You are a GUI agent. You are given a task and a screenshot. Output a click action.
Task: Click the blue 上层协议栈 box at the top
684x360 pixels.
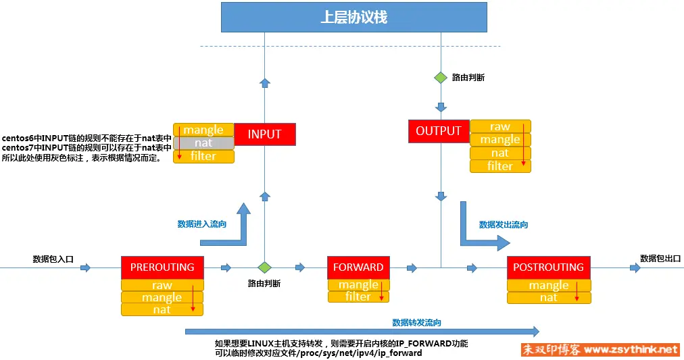[x=353, y=18]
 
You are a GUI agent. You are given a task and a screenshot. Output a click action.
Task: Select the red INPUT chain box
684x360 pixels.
[x=264, y=134]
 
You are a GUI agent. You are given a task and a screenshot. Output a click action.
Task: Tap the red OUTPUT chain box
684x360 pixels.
[x=438, y=131]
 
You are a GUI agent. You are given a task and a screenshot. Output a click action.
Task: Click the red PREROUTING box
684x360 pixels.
[x=162, y=267]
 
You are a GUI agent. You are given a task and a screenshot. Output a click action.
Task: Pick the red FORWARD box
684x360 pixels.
[x=358, y=267]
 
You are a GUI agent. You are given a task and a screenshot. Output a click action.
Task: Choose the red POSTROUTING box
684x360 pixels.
[x=548, y=267]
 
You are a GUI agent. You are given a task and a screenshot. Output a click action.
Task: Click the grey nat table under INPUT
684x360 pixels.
[x=203, y=143]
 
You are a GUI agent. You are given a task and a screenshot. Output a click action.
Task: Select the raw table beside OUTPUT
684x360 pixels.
[x=500, y=126]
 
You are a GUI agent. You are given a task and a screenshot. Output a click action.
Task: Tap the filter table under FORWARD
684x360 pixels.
[x=358, y=297]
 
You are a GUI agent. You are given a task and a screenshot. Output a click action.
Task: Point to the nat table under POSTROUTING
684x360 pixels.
[x=549, y=297]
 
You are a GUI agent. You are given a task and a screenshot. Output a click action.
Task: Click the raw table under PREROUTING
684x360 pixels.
[x=162, y=285]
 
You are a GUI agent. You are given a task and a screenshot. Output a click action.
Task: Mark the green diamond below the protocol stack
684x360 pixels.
[x=441, y=78]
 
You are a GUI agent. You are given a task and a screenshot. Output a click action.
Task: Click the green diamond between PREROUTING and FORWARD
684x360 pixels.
[x=264, y=267]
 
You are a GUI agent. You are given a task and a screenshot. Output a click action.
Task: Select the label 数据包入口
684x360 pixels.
[x=53, y=258]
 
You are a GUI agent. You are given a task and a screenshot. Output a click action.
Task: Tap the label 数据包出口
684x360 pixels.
[x=660, y=258]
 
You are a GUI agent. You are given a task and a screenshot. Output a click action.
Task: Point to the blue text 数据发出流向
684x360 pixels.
[x=504, y=224]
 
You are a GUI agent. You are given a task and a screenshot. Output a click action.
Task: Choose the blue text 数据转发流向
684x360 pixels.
[x=417, y=322]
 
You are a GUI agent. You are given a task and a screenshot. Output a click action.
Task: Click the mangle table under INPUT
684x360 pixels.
[x=203, y=130]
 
